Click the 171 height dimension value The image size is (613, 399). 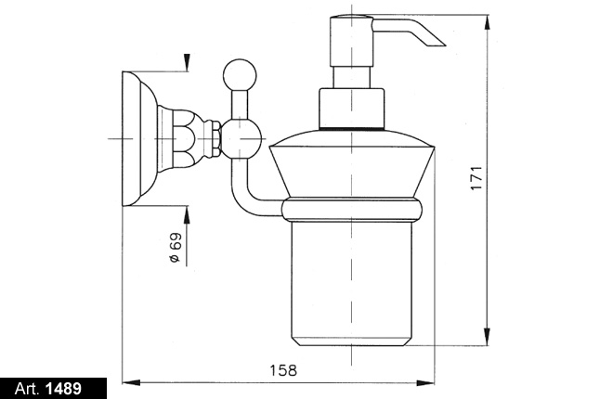coord(476,178)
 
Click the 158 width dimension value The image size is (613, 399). coord(283,370)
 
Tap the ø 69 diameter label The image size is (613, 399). coord(176,248)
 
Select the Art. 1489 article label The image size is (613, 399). coord(48,389)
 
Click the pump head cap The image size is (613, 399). coord(352,41)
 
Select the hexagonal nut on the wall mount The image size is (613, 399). coord(215,138)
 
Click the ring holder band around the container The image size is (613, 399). coord(352,209)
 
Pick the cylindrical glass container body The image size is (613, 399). coord(351,283)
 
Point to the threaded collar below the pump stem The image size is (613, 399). coord(352,109)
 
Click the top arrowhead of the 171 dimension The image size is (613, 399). coord(487,22)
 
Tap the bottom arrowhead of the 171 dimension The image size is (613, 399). coord(487,337)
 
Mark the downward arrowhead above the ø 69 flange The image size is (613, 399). coord(188,62)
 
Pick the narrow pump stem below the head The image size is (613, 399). coord(352,77)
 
